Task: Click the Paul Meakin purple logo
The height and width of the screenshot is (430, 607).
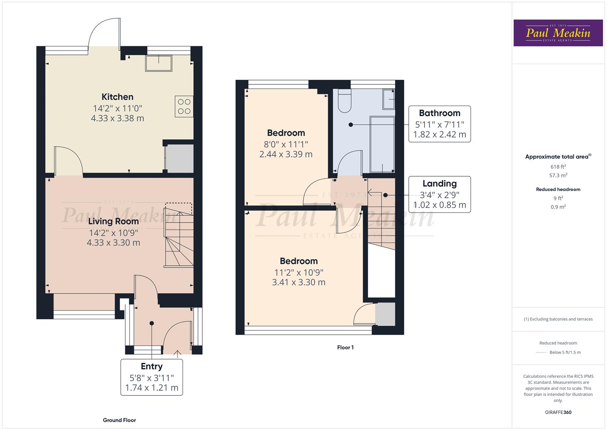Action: tap(558, 33)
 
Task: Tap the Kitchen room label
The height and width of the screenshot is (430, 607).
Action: tap(117, 97)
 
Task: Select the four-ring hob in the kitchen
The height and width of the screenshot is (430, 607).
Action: tap(184, 106)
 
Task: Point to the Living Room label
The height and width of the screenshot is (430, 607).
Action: tap(113, 221)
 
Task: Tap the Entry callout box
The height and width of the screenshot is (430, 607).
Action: tap(151, 377)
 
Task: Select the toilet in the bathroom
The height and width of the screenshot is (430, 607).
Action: tap(344, 100)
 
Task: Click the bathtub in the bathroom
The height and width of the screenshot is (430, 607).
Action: tap(382, 144)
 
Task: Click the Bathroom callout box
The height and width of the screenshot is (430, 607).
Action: tap(439, 124)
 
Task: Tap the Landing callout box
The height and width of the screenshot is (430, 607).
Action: tap(439, 194)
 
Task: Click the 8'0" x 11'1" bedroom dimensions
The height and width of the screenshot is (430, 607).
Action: tap(286, 144)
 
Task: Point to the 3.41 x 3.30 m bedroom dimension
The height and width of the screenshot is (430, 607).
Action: tap(299, 282)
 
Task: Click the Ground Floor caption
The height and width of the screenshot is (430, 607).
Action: tap(119, 420)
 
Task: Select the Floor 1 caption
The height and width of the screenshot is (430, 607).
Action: tap(345, 348)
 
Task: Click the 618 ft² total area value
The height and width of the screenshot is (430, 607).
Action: tap(558, 167)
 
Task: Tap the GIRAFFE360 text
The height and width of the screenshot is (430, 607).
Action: tap(558, 412)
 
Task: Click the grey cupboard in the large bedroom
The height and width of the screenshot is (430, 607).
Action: tap(385, 314)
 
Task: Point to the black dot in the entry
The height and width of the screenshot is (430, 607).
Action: tap(151, 323)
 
